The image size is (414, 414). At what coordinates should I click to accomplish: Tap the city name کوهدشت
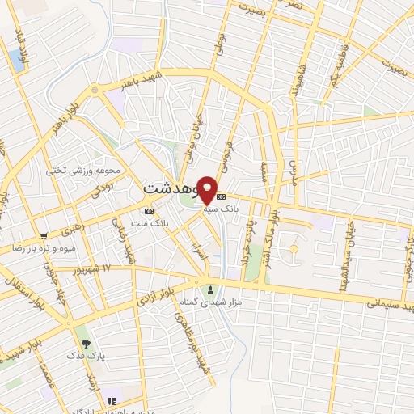173,187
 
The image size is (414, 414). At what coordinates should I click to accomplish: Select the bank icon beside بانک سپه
222,196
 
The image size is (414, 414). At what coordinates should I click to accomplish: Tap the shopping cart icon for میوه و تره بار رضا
44,236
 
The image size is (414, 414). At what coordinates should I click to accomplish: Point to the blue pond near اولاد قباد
16,58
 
